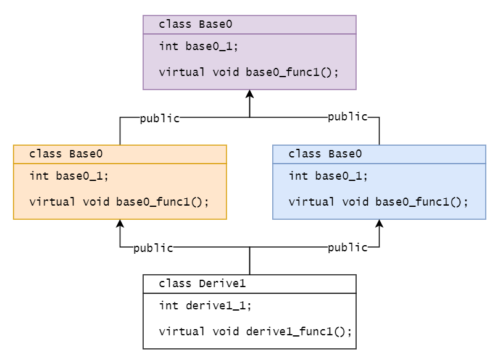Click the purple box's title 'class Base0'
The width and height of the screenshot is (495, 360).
tap(196, 24)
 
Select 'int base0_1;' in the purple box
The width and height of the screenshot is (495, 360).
tap(198, 46)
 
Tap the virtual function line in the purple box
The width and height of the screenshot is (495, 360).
tap(249, 72)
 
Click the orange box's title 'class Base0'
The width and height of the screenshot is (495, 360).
tap(65, 154)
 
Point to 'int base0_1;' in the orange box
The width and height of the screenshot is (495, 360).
tap(69, 176)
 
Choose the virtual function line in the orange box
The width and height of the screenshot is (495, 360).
tap(119, 202)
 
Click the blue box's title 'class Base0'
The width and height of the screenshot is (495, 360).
tap(325, 154)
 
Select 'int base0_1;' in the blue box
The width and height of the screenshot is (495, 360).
tap(328, 176)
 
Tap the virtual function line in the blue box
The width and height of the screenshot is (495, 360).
tap(378, 202)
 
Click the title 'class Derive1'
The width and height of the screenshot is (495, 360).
tap(202, 283)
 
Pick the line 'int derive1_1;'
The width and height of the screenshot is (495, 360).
tap(205, 306)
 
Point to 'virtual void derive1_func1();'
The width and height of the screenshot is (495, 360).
tap(255, 331)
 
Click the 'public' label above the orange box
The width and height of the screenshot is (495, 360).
tap(160, 119)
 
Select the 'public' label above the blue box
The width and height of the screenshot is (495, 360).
tap(347, 117)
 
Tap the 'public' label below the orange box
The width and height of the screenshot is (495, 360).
tap(153, 248)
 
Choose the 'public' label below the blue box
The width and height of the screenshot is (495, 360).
tap(347, 247)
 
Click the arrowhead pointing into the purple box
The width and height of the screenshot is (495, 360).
tap(250, 93)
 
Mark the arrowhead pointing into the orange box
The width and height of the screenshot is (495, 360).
tap(120, 224)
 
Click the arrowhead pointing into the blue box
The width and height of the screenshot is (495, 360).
tap(379, 224)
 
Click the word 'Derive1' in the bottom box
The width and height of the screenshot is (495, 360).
tap(222, 283)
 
